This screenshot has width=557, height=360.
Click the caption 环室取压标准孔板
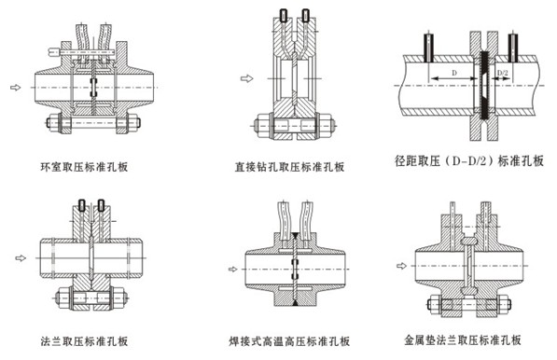tap(84, 167)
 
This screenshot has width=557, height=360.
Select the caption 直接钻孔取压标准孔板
tap(289, 167)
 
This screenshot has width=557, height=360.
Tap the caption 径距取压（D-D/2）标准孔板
tap(469, 160)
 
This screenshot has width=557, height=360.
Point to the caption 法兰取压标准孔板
tap(84, 341)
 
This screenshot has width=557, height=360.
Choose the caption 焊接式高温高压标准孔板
tap(289, 341)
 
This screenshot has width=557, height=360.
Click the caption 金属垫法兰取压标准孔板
tap(463, 339)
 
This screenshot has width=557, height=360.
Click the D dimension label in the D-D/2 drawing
tap(454, 73)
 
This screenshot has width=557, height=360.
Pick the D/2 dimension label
tap(502, 73)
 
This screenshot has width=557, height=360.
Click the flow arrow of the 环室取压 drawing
tap(15, 88)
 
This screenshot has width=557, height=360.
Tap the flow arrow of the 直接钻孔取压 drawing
tap(246, 78)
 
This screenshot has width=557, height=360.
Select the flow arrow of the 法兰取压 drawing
tap(21, 258)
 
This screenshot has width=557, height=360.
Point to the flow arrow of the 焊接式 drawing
tap(232, 270)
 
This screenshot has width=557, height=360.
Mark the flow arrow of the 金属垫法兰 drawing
tap(401, 266)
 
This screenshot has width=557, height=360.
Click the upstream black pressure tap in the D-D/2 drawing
tap(429, 48)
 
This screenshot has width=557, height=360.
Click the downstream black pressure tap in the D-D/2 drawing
tap(512, 48)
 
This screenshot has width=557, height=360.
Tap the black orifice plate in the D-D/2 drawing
tap(484, 86)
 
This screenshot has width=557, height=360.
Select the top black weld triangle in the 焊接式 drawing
tap(295, 235)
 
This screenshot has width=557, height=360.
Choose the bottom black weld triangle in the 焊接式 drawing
tap(295, 303)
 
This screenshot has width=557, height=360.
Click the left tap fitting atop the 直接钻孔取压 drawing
tap(284, 15)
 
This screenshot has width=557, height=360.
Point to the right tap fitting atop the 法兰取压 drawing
tap(102, 205)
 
